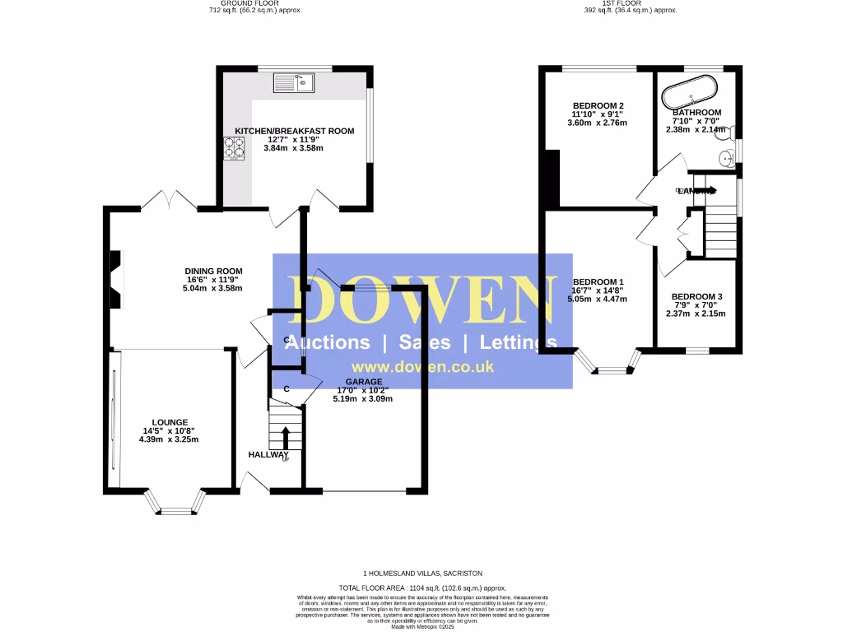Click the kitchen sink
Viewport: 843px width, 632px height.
(294, 82)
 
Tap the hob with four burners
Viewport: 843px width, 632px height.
(233, 148)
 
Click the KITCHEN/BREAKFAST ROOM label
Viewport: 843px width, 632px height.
(294, 131)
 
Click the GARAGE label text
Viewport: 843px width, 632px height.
(363, 382)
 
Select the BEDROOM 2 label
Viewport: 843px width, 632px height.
(598, 106)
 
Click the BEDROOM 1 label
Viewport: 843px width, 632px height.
(598, 281)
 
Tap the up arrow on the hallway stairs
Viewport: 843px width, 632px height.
(286, 438)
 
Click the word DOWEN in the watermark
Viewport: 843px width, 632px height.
(421, 301)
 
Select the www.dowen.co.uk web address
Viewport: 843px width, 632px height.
(422, 367)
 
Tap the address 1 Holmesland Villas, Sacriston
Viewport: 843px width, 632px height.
(422, 572)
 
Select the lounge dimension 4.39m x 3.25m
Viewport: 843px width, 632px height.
(169, 439)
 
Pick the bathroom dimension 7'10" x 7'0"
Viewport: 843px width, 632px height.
(696, 121)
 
